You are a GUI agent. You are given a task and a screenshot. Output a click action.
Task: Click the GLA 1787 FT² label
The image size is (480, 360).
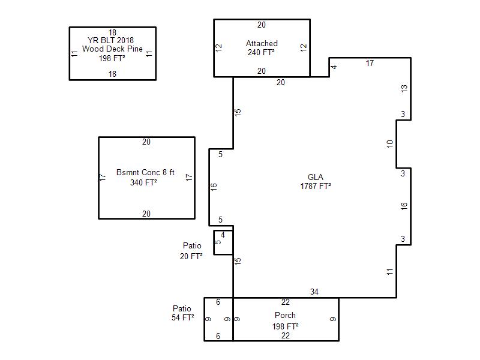(x=316, y=182)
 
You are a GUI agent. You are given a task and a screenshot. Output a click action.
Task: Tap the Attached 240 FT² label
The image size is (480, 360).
(x=262, y=48)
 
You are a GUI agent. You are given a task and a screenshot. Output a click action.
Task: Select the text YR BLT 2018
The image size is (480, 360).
(x=110, y=40)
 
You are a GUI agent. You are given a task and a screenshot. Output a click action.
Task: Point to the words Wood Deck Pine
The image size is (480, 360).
(x=112, y=49)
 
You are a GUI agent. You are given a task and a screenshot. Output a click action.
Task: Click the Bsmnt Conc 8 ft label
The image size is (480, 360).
(x=145, y=172)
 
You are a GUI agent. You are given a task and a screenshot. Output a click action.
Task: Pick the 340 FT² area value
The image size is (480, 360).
(x=143, y=182)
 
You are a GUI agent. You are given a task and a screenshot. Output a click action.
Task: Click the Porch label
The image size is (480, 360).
(x=285, y=316)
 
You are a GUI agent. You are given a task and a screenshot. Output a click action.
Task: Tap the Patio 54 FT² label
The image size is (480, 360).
(x=183, y=313)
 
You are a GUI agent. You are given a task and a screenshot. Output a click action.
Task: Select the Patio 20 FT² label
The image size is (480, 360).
(x=191, y=251)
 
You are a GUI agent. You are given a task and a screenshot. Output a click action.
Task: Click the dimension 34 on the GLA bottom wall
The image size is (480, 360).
(x=314, y=292)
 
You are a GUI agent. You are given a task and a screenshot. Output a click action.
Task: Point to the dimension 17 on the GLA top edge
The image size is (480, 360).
(x=370, y=63)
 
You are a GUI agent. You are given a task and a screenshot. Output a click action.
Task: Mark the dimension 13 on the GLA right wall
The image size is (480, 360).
(x=404, y=88)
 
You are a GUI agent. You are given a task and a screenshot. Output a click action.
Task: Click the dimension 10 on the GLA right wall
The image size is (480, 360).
(x=389, y=143)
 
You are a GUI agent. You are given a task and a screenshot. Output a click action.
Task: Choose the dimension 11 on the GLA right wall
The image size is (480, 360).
(x=389, y=272)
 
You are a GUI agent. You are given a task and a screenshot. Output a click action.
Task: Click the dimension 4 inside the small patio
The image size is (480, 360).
(x=223, y=235)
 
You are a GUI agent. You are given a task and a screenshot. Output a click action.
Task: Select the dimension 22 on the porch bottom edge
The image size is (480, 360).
(x=286, y=335)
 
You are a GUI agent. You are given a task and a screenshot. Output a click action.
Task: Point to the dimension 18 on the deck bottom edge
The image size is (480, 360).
(x=112, y=74)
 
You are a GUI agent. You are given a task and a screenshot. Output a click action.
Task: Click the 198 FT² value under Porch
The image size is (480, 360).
(x=286, y=326)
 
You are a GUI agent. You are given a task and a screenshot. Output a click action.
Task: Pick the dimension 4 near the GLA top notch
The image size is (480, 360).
(x=334, y=67)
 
